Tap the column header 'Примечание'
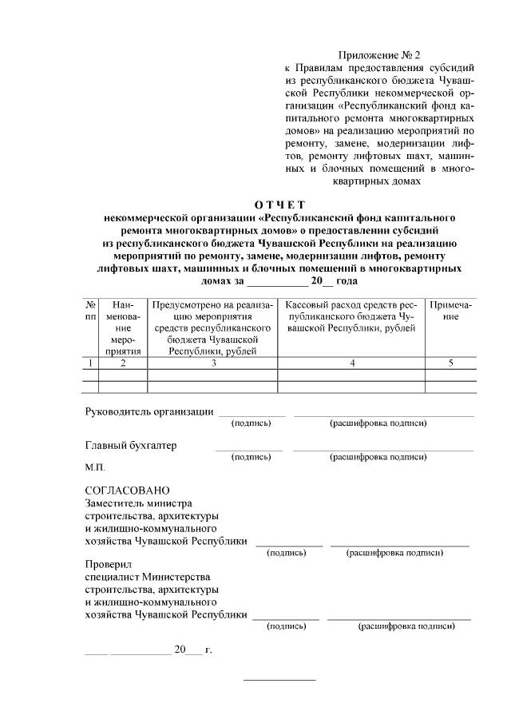451,311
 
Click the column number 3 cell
213,363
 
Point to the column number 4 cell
351,363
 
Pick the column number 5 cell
451,363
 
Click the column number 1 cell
91,363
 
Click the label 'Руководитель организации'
149,412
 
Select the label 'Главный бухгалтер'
131,445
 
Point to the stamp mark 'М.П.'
95,466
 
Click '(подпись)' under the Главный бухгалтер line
251,457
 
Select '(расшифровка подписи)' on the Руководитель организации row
378,423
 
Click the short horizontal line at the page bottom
279,680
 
